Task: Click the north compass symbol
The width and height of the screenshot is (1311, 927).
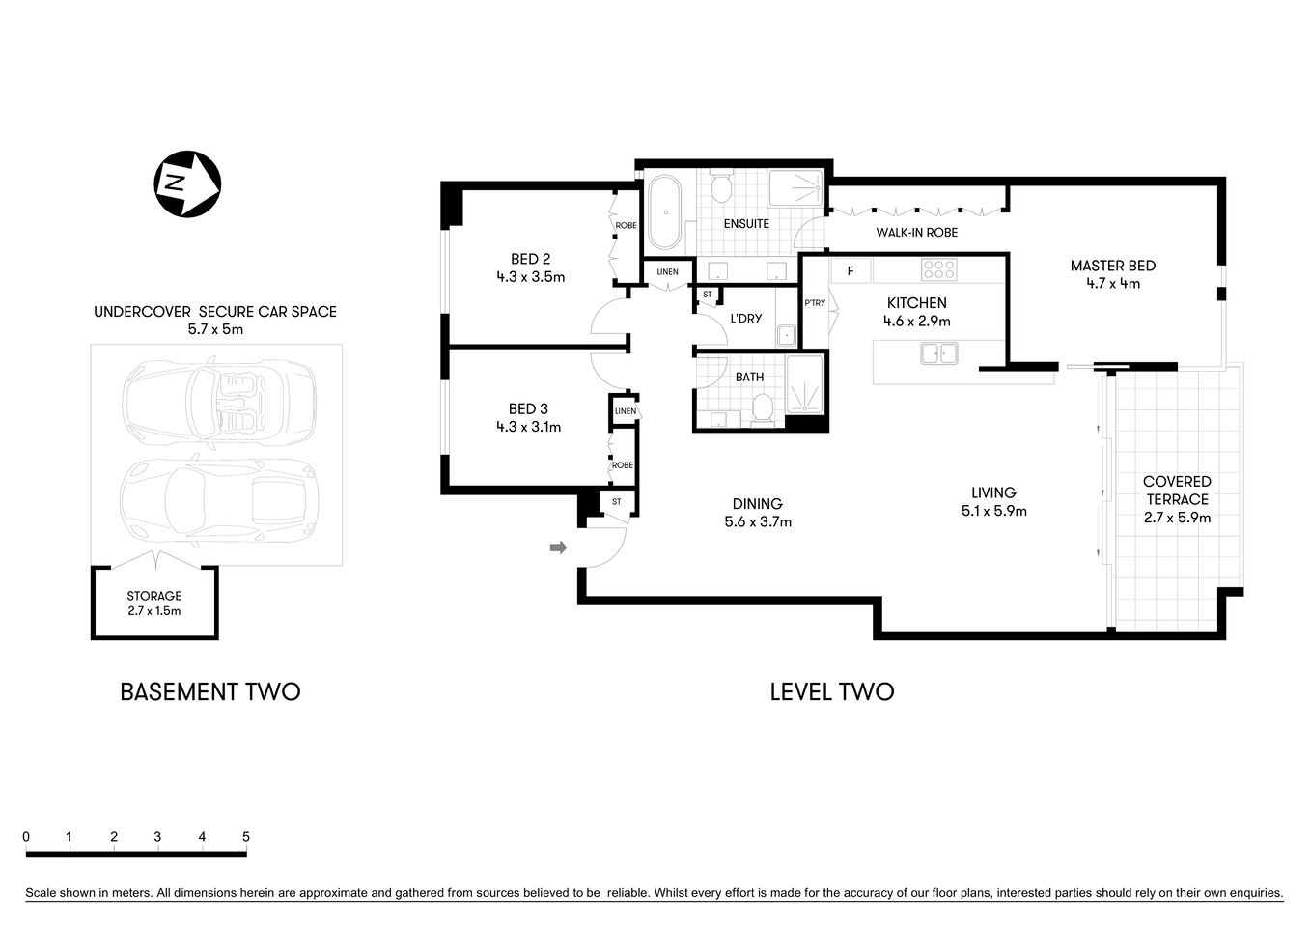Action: click(x=187, y=183)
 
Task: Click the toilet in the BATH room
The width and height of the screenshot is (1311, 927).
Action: click(x=763, y=409)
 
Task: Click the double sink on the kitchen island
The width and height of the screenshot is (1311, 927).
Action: click(x=937, y=353)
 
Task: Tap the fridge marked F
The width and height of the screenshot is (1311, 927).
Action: click(x=851, y=271)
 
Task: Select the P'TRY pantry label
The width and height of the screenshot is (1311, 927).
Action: click(x=815, y=303)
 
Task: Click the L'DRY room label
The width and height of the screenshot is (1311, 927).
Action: click(x=745, y=318)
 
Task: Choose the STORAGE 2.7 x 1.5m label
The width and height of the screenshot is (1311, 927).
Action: click(x=154, y=604)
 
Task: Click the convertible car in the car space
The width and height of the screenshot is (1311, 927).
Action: click(x=219, y=398)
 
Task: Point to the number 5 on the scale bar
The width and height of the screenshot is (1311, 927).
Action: click(x=246, y=837)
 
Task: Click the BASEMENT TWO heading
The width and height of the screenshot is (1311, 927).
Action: click(x=209, y=692)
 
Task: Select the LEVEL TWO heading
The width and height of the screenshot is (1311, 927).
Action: click(x=831, y=692)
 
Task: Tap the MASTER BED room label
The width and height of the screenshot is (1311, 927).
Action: click(x=1112, y=266)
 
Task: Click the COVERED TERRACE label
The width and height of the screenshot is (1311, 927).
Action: click(x=1176, y=490)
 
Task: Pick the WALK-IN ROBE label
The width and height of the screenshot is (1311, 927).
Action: click(x=916, y=233)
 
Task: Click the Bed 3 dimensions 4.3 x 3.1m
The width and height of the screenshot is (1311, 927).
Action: click(x=528, y=427)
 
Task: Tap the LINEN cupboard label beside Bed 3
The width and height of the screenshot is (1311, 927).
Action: click(x=625, y=411)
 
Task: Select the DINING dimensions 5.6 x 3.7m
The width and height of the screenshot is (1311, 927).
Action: click(x=758, y=522)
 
